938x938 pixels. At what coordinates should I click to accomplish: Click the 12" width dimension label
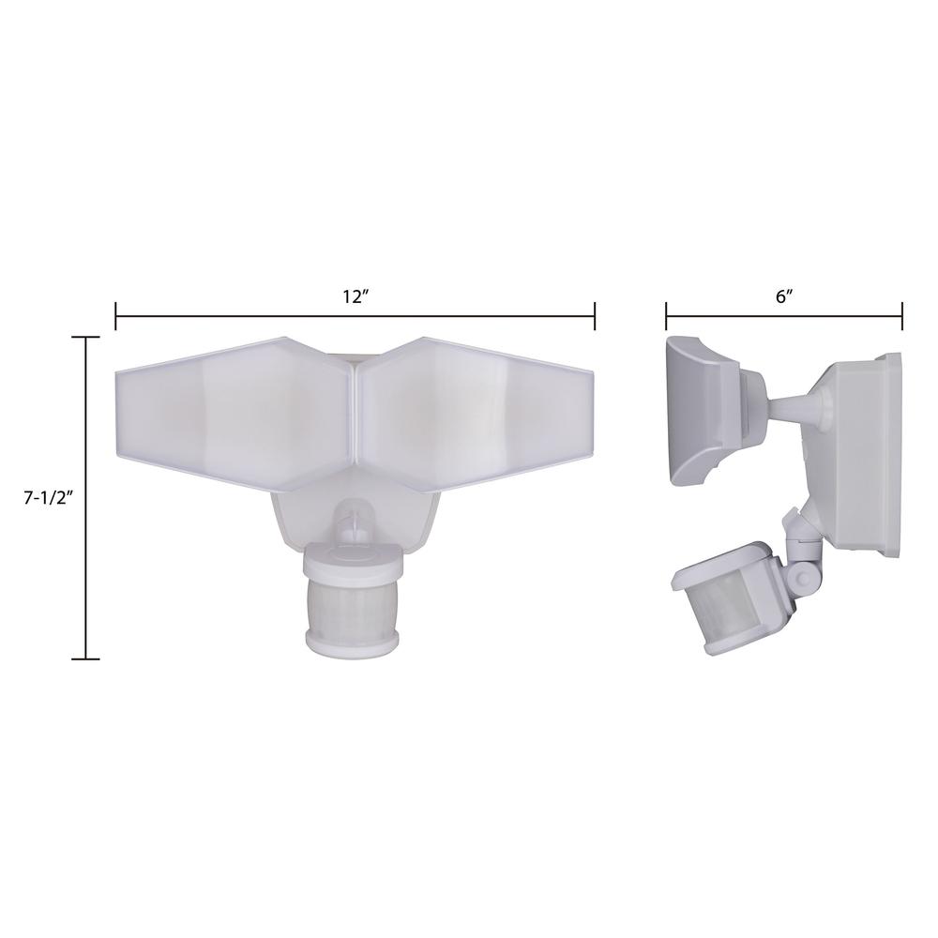tap(355, 296)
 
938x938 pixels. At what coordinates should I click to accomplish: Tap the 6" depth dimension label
tap(784, 296)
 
